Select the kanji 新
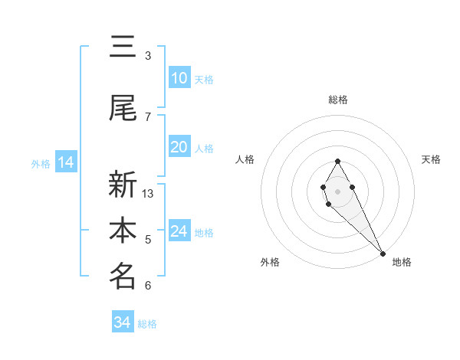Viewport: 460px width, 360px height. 123,185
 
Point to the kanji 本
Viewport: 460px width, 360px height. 123,231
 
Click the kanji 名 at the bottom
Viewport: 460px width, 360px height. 123,277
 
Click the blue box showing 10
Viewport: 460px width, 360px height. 179,78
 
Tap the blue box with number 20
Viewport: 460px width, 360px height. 179,147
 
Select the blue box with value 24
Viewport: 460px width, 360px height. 179,231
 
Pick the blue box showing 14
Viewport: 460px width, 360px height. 65,162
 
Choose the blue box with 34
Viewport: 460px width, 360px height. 122,322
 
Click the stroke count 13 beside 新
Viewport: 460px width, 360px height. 148,194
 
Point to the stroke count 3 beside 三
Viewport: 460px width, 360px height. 148,56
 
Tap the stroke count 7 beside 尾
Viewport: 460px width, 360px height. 148,117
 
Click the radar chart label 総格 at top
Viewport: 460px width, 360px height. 338,100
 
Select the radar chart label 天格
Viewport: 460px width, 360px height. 431,159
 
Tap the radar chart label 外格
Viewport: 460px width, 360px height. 270,262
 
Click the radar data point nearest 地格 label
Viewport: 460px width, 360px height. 383,254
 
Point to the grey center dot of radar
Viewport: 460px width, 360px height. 337,190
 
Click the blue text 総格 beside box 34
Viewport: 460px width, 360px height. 147,324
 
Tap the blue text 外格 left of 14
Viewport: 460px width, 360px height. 40,163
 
